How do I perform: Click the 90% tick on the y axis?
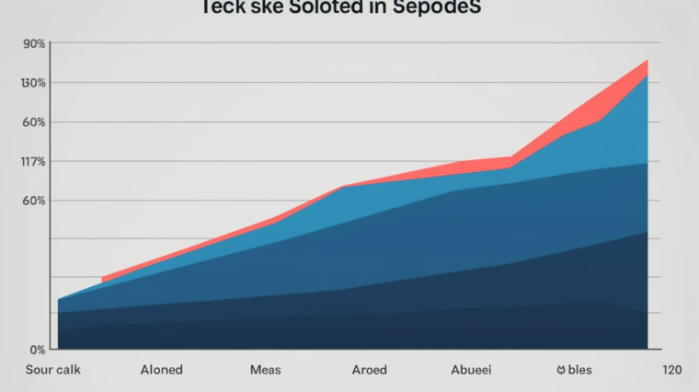coord(34,44)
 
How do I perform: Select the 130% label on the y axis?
coord(34,84)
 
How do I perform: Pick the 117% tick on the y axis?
coord(34,162)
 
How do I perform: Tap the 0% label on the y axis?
coord(37,350)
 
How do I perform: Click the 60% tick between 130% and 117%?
coord(34,122)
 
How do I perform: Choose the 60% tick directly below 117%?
coord(34,201)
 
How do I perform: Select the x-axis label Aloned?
coord(161,370)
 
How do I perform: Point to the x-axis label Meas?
coord(265,370)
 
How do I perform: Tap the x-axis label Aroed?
coord(369,370)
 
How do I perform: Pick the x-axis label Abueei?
coord(470,370)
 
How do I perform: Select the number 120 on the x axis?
coord(670,370)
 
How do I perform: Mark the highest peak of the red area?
coord(647,61)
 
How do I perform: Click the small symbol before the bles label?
coord(560,370)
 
